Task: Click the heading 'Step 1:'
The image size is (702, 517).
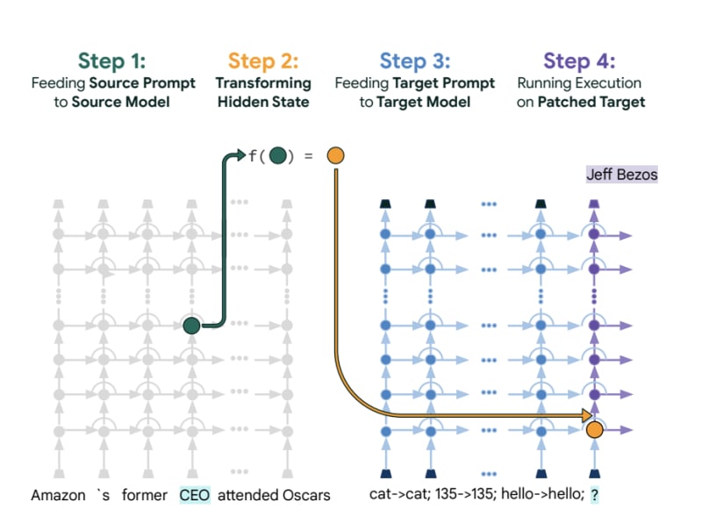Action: [112, 61]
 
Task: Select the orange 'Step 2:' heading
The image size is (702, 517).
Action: [263, 61]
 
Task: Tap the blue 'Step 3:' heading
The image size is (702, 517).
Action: [415, 61]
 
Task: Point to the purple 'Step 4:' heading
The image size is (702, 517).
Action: [579, 61]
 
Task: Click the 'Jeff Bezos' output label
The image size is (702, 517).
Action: [621, 175]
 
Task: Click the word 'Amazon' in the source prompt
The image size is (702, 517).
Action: [58, 495]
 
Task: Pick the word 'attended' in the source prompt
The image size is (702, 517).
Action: [246, 495]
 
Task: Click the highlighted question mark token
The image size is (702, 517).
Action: [594, 495]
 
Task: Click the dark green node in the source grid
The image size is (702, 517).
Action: [192, 326]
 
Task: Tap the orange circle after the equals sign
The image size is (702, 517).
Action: [334, 156]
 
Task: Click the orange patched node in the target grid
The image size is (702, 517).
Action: [594, 430]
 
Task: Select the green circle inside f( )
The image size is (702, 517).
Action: [278, 156]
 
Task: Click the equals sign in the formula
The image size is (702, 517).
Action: [308, 156]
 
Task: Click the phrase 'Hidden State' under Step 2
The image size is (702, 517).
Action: [263, 102]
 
